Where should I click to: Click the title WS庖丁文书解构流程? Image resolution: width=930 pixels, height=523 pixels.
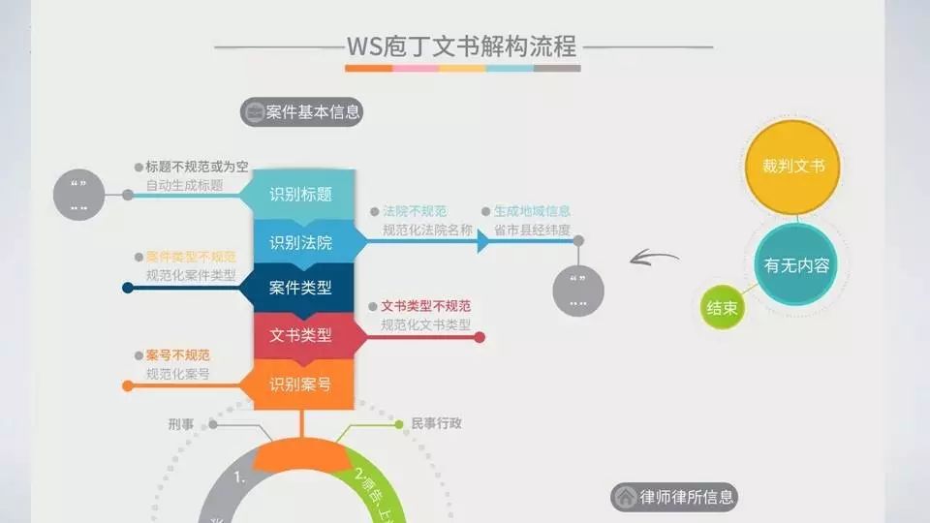click(462, 46)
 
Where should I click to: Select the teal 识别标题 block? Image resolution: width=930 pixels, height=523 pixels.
click(300, 195)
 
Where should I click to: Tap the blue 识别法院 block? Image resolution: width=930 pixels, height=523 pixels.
click(300, 242)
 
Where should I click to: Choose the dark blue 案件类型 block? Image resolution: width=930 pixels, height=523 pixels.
click(300, 288)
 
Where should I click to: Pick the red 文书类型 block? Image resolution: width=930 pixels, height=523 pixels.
click(300, 335)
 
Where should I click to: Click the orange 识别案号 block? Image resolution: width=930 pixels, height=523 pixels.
click(300, 385)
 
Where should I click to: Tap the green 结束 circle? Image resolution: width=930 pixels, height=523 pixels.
click(723, 309)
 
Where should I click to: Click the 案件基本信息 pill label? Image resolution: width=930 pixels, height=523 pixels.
click(301, 112)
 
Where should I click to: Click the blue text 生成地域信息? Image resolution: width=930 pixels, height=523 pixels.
click(532, 211)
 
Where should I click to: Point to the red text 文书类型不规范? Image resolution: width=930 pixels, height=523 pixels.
click(425, 306)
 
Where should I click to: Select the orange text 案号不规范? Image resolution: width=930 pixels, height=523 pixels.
click(177, 355)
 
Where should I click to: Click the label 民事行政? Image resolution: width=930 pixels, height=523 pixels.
click(436, 423)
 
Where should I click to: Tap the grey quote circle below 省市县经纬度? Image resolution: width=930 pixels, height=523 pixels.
click(578, 290)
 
